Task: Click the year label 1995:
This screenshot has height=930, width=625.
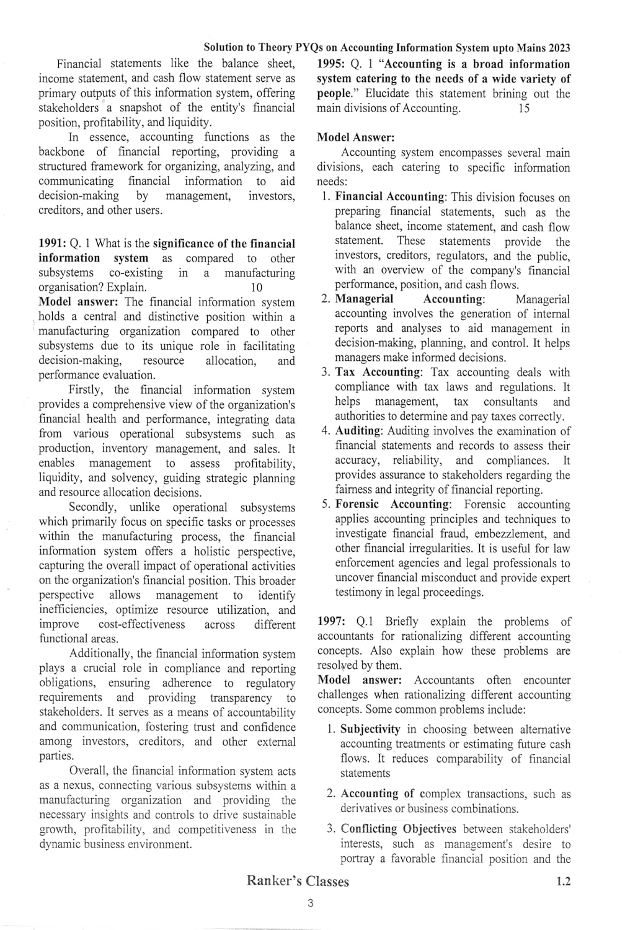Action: (332, 64)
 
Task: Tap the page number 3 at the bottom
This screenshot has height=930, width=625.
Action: (311, 903)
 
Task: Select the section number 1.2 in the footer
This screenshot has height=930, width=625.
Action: (563, 881)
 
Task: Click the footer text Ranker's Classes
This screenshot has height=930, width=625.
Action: (298, 881)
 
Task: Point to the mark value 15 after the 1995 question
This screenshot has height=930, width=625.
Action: (523, 108)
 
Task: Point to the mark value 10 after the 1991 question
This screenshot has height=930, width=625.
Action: (256, 288)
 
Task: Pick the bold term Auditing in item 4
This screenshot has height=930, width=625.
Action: (358, 431)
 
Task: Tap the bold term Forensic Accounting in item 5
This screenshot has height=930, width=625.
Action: (392, 505)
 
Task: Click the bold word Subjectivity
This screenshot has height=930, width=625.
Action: (370, 730)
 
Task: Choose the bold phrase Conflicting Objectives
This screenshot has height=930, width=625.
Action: (398, 830)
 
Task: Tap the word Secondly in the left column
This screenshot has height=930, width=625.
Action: (91, 508)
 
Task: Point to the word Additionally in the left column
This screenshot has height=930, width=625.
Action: (101, 654)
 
